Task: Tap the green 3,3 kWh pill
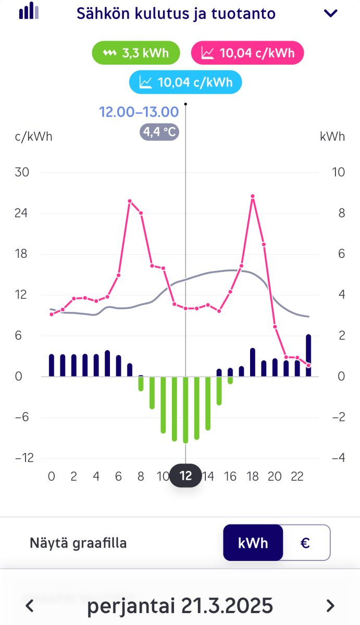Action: (x=136, y=53)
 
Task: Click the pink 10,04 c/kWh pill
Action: (x=247, y=53)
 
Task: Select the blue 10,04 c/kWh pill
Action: (x=185, y=82)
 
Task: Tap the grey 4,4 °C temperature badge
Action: (x=159, y=132)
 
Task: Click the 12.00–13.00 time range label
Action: (x=139, y=111)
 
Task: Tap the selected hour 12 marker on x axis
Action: (x=185, y=476)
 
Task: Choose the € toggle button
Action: (x=306, y=543)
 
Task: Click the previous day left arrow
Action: (x=30, y=606)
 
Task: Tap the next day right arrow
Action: (x=330, y=606)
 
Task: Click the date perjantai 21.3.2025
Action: (x=180, y=606)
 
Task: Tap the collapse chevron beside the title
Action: (x=331, y=14)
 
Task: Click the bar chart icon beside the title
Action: (x=29, y=11)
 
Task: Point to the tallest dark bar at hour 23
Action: (x=308, y=355)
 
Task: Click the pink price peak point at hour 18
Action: (x=253, y=196)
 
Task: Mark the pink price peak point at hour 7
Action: (x=130, y=201)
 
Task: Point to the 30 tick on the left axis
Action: (x=22, y=172)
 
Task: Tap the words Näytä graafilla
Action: (x=78, y=543)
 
